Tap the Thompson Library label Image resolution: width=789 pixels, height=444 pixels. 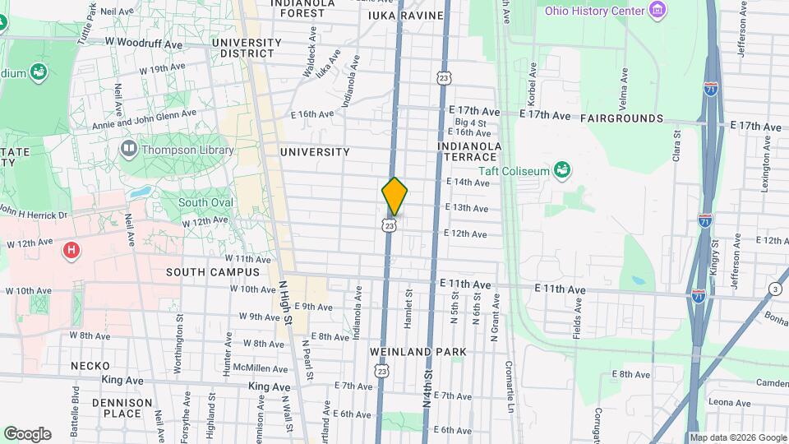pyautogui.click(x=187, y=150)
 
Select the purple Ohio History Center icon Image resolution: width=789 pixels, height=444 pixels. pyautogui.click(x=656, y=10)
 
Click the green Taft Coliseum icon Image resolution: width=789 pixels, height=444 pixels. pyautogui.click(x=563, y=170)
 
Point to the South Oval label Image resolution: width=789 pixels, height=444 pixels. pyautogui.click(x=205, y=203)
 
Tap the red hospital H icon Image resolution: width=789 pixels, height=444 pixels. pyautogui.click(x=72, y=249)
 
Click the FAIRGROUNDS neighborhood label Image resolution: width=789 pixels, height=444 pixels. pyautogui.click(x=621, y=118)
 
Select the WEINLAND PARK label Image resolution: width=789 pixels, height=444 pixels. pyautogui.click(x=418, y=352)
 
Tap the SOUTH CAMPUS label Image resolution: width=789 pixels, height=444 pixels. pyautogui.click(x=212, y=272)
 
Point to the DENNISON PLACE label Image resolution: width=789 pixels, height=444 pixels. pyautogui.click(x=122, y=408)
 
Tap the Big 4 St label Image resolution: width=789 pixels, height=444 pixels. pyautogui.click(x=471, y=123)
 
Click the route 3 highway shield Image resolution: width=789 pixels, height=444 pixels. pyautogui.click(x=774, y=288)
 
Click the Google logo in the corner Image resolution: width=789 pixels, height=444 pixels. pyautogui.click(x=27, y=434)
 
